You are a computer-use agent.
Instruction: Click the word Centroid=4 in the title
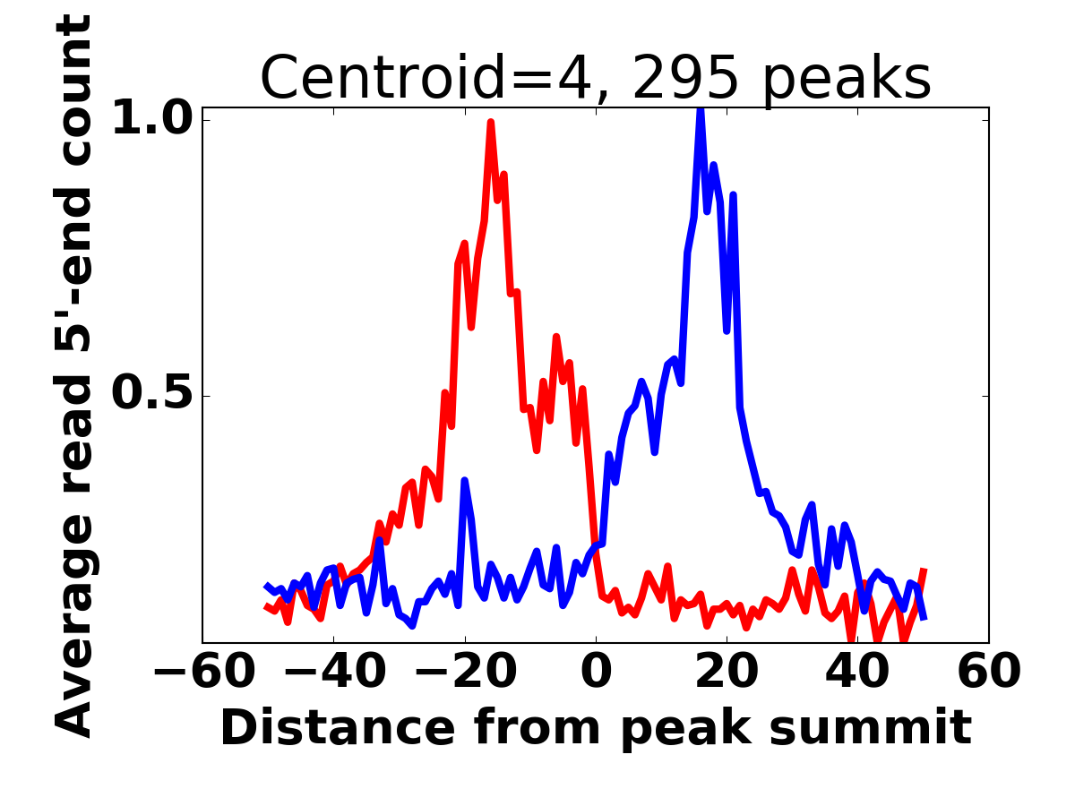click(422, 78)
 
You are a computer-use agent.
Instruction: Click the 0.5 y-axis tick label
click(151, 396)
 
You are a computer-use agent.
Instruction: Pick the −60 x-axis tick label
click(202, 671)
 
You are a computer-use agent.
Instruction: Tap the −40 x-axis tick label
click(333, 671)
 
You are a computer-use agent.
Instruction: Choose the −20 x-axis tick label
click(464, 671)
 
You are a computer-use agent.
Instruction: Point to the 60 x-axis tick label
click(989, 671)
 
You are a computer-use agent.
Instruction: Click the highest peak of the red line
click(491, 124)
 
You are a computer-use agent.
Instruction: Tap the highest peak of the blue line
click(701, 109)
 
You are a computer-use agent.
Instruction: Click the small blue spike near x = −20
click(464, 482)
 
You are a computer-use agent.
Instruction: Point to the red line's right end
click(924, 570)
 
